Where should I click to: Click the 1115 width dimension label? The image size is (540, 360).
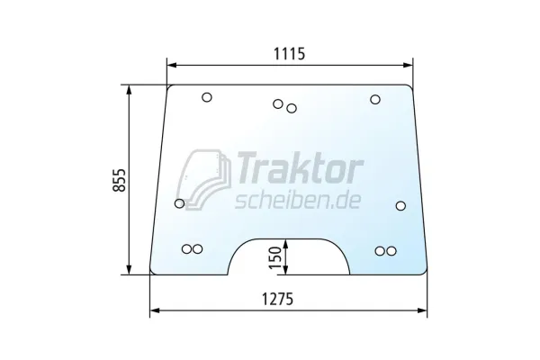[x=288, y=53]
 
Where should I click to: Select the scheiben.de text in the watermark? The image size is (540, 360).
[x=297, y=200]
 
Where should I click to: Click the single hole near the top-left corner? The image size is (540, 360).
[x=206, y=98]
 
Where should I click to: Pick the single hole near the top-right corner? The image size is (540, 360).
[x=374, y=99]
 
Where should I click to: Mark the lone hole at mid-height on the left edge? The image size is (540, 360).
[x=179, y=204]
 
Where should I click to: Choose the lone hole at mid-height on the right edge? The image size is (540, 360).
[x=400, y=205]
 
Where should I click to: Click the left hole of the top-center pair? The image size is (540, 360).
[x=278, y=104]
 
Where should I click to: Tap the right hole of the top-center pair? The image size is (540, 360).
[x=291, y=109]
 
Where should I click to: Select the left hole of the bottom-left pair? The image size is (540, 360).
[x=186, y=249]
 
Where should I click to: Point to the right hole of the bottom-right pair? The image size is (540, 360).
[x=391, y=250]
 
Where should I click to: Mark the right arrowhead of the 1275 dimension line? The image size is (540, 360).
[x=424, y=310]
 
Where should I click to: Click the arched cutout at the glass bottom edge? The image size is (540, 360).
[x=288, y=261]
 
